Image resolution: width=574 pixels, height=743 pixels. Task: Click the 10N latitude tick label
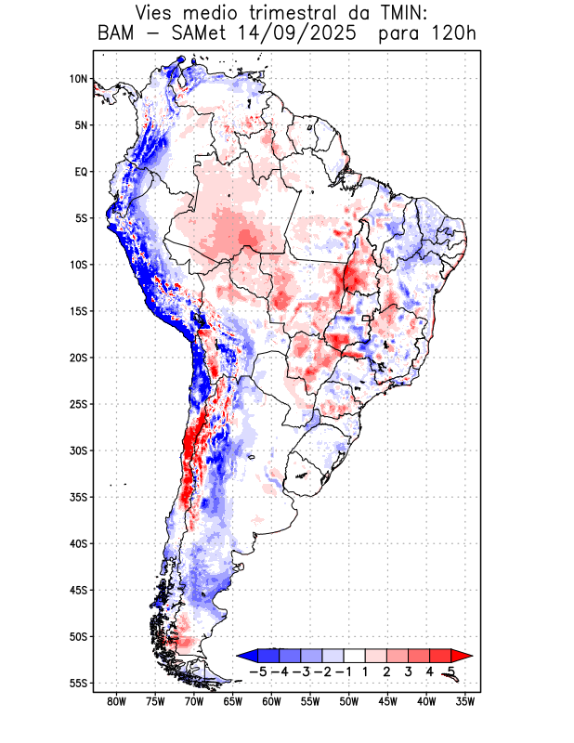click(78, 79)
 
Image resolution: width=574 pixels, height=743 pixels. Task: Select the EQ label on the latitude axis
click(80, 172)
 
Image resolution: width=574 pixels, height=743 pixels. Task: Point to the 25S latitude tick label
click(77, 404)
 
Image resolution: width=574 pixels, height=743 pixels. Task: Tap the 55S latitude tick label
click(77, 684)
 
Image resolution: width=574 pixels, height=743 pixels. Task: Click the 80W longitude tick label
click(117, 701)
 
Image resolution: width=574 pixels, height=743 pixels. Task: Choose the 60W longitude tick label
click(271, 701)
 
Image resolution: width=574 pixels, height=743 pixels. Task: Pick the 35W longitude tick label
click(464, 701)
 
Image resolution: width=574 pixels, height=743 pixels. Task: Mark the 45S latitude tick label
click(77, 590)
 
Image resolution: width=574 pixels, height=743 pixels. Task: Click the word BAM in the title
click(118, 34)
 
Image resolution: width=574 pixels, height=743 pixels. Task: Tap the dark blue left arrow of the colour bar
click(245, 656)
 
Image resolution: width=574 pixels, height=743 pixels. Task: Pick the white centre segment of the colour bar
click(354, 656)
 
